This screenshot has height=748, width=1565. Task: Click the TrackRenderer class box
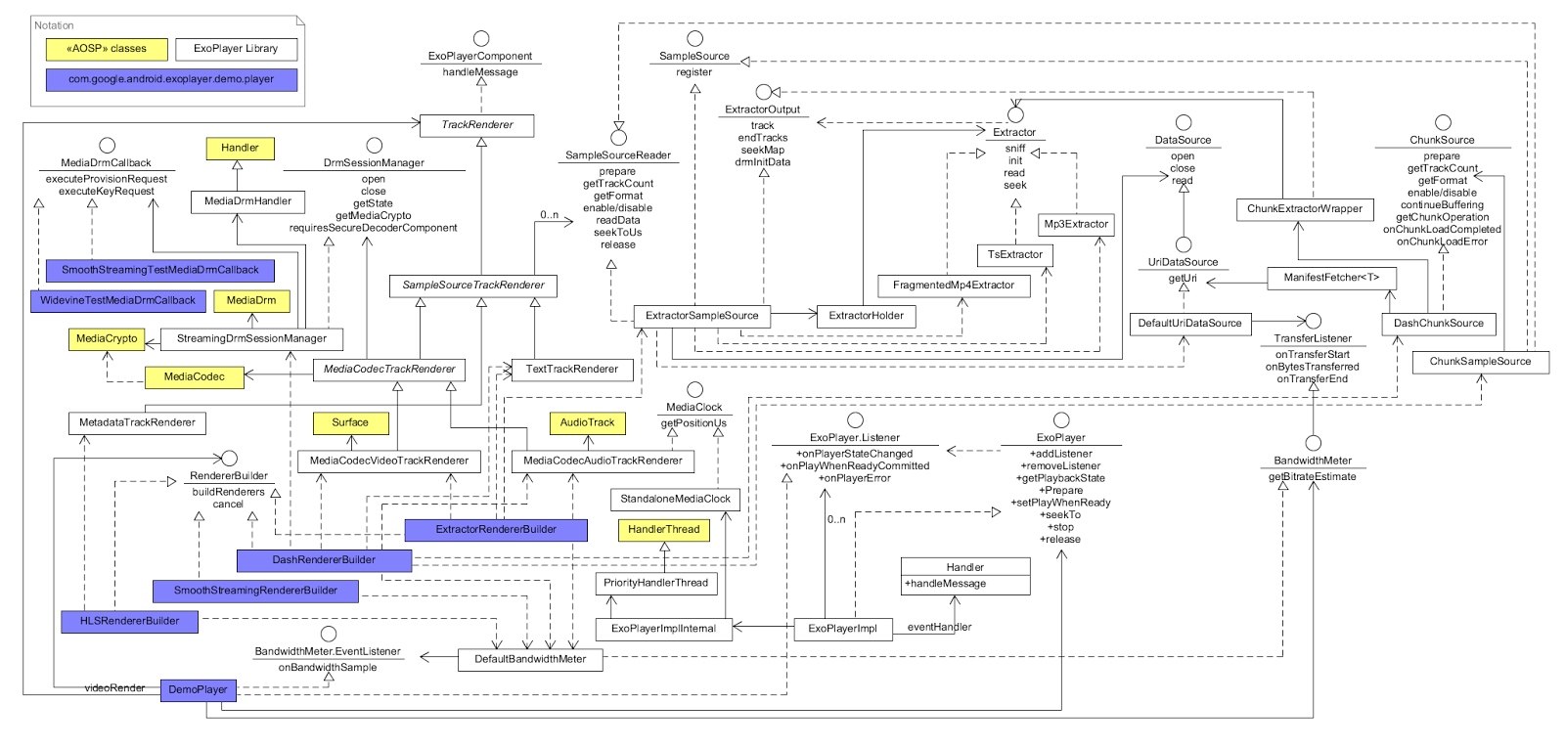pos(476,125)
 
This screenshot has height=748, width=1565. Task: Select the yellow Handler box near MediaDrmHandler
pos(240,148)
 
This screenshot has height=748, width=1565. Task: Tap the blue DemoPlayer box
pos(198,689)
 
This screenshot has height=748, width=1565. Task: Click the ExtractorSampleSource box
pos(701,316)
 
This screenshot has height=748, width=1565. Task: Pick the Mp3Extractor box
pos(1076,224)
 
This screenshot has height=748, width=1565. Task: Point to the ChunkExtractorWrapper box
pos(1304,208)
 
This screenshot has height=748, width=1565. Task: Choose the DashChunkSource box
pos(1438,324)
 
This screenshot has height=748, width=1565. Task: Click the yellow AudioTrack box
pos(587,422)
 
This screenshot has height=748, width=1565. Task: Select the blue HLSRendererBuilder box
pos(129,621)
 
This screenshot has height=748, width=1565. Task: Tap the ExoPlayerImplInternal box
pos(663,629)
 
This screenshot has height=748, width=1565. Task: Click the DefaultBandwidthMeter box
pos(530,659)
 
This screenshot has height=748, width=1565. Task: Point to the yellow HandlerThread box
pos(663,529)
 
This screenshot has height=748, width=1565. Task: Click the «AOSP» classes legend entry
pos(107,49)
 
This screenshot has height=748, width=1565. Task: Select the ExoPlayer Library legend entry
pos(236,49)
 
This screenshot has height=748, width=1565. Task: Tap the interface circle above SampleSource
pos(694,38)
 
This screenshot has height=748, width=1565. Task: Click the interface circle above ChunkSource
pos(1443,122)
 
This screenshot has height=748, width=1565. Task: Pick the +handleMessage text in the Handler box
pos(945,584)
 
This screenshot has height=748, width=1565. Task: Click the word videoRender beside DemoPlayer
pos(114,688)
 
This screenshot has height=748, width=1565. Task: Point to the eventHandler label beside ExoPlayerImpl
pos(939,628)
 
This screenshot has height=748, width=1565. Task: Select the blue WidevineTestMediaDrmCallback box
pos(117,300)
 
